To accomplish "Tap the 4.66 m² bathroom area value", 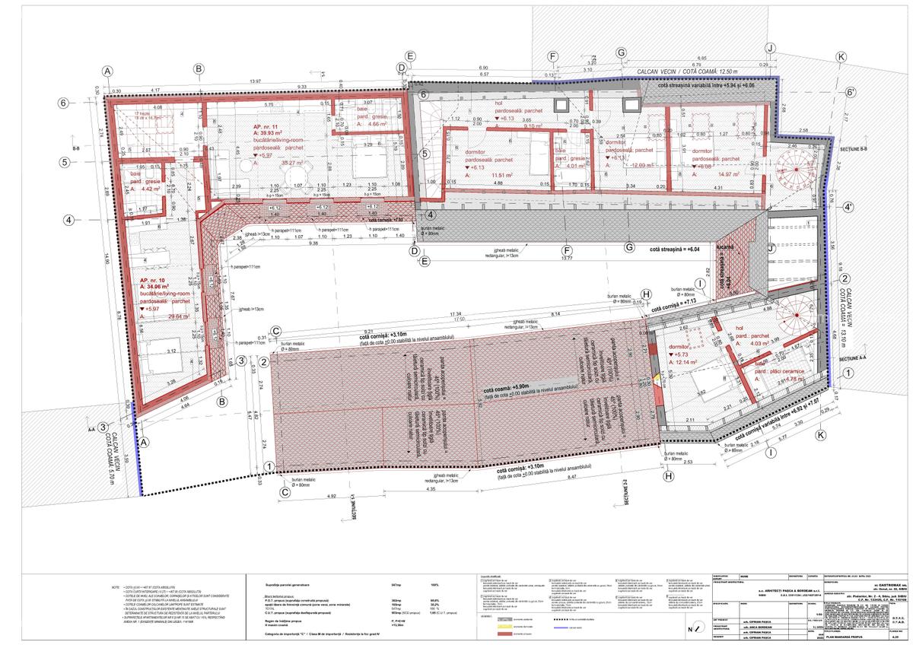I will click(378, 123).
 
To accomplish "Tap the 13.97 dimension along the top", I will click(255, 81).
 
